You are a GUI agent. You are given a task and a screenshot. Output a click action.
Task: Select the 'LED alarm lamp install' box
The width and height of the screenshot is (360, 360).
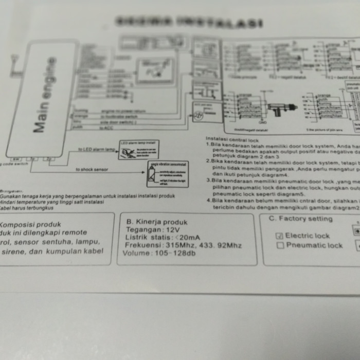click(138, 150)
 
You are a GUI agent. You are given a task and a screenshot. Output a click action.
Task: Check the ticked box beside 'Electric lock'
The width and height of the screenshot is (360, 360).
click(280, 236)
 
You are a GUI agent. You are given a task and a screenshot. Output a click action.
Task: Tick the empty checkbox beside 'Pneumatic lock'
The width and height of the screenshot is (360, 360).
click(280, 245)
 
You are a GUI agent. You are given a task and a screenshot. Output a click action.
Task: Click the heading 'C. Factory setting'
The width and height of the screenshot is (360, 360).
click(300, 219)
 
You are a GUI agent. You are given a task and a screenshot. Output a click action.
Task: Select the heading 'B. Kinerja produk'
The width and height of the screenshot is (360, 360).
click(157, 222)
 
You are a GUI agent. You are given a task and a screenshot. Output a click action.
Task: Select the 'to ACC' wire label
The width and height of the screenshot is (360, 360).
click(106, 128)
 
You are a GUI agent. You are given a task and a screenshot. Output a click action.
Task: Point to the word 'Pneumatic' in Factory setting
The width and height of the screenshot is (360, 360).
click(307, 245)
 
